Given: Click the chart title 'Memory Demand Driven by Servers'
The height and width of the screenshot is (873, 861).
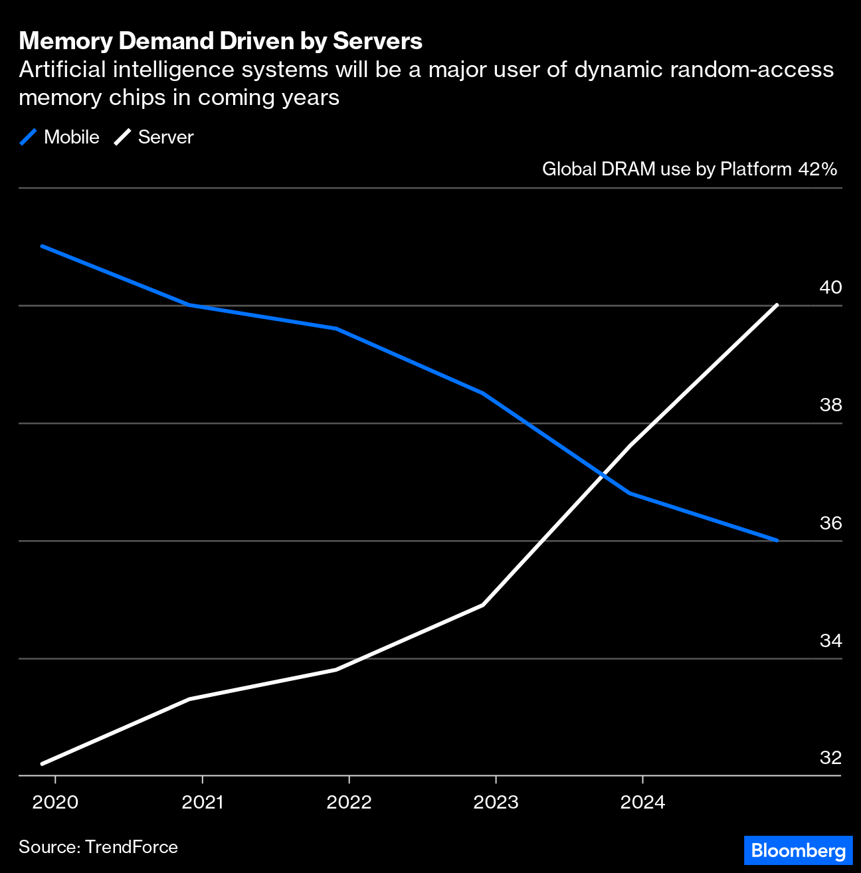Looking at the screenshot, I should click(x=221, y=41).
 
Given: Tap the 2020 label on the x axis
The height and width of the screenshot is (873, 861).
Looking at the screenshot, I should click(x=55, y=803).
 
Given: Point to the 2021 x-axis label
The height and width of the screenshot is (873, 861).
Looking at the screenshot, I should click(x=203, y=803).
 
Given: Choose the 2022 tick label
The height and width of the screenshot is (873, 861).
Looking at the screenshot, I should click(x=349, y=803).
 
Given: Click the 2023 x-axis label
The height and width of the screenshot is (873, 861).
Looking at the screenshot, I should click(x=496, y=803).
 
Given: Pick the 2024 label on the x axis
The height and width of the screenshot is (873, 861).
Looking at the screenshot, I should click(x=642, y=803).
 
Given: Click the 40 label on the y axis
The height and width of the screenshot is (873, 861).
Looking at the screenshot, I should click(x=830, y=288).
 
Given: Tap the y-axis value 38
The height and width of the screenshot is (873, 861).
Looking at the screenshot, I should click(x=830, y=405).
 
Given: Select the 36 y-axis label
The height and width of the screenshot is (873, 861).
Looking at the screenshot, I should click(x=830, y=524).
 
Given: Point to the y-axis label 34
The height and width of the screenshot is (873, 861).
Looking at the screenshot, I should click(x=830, y=641).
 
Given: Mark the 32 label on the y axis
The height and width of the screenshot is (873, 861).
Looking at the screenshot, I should click(x=830, y=758).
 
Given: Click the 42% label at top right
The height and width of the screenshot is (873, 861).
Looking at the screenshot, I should click(x=817, y=169).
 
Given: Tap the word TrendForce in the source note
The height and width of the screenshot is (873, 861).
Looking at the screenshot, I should click(x=132, y=847).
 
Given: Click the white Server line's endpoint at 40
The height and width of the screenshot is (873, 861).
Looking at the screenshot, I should click(x=777, y=306).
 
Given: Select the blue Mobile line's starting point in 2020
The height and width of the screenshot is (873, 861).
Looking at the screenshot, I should click(x=43, y=246).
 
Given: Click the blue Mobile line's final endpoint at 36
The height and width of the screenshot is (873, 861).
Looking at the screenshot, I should click(x=777, y=540).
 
